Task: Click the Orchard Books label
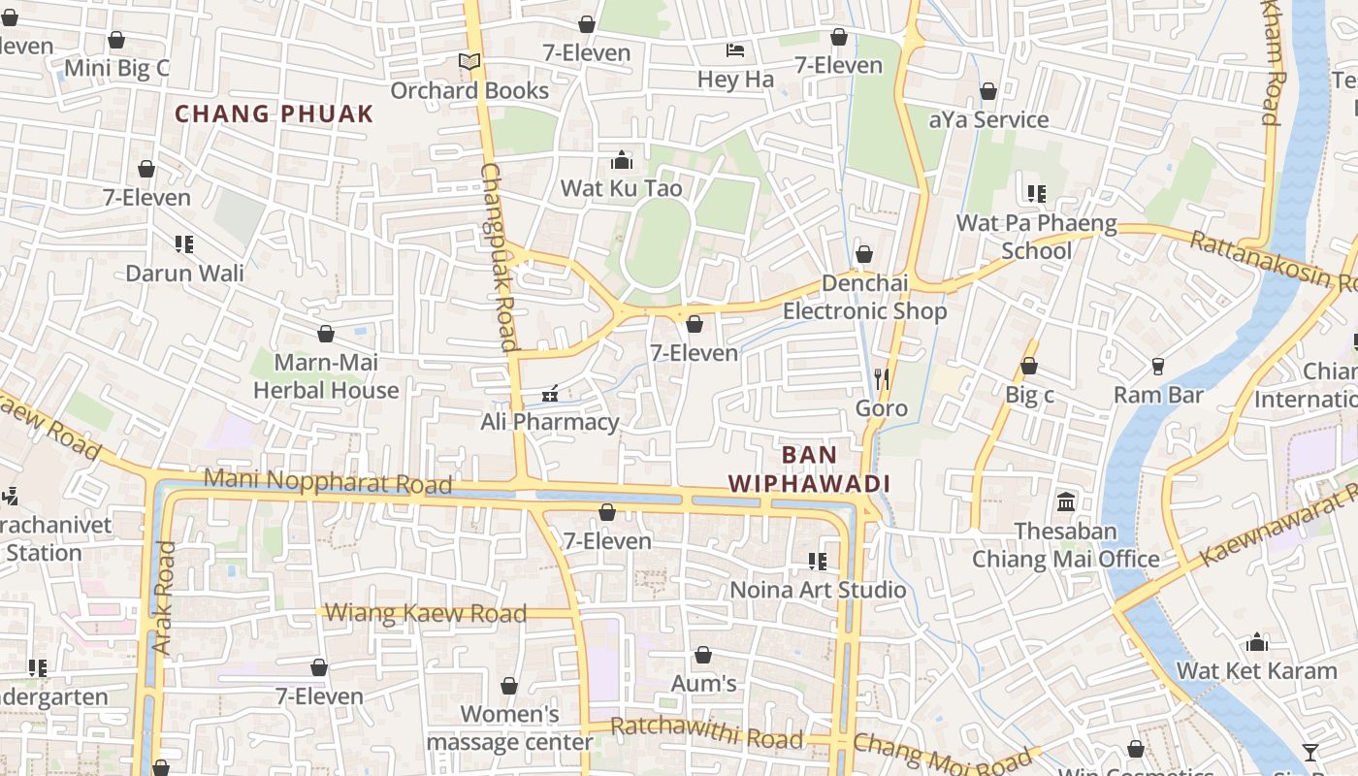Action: (x=469, y=90)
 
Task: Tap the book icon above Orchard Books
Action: (x=469, y=62)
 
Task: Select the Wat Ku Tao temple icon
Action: (x=622, y=160)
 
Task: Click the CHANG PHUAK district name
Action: (x=274, y=113)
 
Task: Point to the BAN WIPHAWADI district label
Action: (x=809, y=469)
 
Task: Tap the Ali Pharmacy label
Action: (x=550, y=422)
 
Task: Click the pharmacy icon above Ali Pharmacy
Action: (x=550, y=394)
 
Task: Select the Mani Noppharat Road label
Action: (x=328, y=481)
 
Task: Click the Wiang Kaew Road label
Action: (x=426, y=613)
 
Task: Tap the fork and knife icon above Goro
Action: (x=882, y=379)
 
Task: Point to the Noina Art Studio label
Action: (x=818, y=590)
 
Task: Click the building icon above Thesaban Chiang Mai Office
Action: (x=1066, y=502)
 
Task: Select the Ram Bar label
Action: (x=1158, y=395)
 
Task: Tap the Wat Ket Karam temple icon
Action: (x=1257, y=642)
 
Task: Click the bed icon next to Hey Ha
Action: (x=735, y=50)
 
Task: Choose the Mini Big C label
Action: (x=116, y=68)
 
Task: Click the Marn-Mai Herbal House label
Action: (x=326, y=376)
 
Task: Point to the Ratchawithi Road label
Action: (x=706, y=733)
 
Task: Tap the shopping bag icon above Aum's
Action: (x=703, y=656)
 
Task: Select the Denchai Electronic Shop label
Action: (x=865, y=297)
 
